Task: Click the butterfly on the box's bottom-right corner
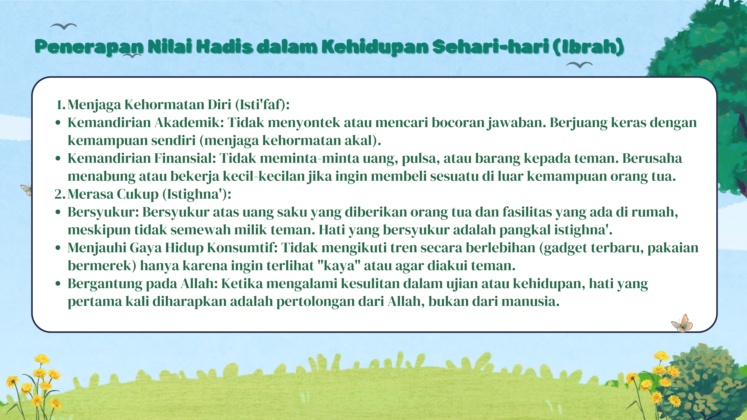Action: [x=682, y=323]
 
